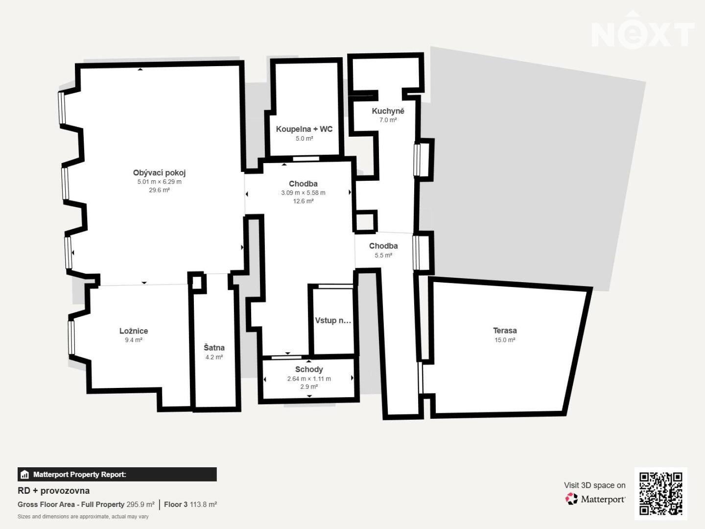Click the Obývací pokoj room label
coord(159,173)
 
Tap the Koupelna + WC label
coord(304,129)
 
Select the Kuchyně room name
coord(388,111)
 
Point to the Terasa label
coord(505,331)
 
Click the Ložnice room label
coord(134,331)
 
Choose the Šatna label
coord(214,348)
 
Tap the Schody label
coord(309,369)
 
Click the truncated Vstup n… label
coord(333,320)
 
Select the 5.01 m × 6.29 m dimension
coord(159,182)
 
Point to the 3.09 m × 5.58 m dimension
coord(303,193)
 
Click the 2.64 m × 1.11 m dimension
coord(309,379)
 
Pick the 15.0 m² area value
coord(505,340)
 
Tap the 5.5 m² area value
coord(383,255)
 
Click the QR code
coord(660,494)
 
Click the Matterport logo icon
coord(571,499)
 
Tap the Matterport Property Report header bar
coord(117,475)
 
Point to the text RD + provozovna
coord(54,491)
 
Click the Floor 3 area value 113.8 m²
coord(203,505)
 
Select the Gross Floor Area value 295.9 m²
coord(141,505)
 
